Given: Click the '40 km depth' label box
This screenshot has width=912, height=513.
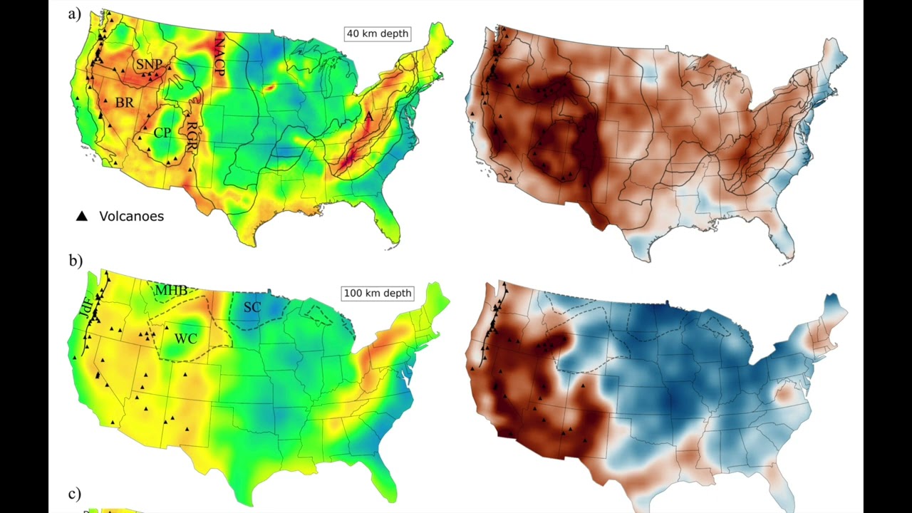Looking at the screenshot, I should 377,33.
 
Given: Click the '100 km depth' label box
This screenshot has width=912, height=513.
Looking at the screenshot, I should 378,293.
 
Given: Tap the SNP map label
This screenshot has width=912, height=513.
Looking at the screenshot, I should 149,65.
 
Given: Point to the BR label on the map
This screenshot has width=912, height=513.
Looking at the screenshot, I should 125,103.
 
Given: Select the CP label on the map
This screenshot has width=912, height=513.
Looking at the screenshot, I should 162,133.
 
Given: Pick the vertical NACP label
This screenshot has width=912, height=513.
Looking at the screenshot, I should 219,54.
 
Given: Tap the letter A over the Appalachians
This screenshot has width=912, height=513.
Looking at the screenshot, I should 369,117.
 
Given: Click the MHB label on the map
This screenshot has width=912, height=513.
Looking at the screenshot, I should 172,291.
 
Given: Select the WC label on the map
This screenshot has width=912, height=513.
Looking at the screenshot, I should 186,338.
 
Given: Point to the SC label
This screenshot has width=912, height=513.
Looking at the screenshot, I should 252,307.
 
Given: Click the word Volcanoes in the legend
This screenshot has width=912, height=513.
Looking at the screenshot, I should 131,216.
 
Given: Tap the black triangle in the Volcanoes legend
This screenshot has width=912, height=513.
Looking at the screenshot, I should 82,216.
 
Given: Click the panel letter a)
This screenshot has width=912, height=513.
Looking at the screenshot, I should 75,14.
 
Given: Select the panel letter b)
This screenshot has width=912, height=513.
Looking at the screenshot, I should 76,261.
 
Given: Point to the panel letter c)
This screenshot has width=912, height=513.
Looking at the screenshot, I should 75,494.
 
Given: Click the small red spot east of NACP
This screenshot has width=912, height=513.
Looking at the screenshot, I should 269,88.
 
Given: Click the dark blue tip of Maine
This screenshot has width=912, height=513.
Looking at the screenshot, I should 832,299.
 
